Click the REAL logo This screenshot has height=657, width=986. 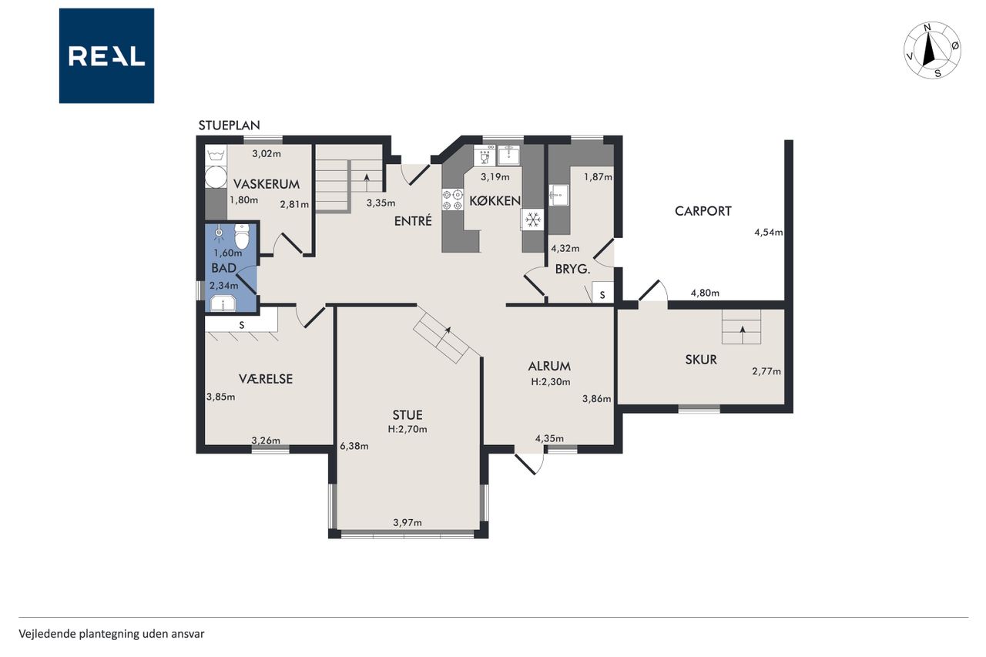(x=106, y=56)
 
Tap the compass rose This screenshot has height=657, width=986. (x=932, y=51)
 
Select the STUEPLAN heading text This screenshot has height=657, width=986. (x=229, y=126)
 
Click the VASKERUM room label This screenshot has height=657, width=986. (x=267, y=184)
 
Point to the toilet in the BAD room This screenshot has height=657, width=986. (x=242, y=236)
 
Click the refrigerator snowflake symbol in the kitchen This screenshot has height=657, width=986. (x=533, y=220)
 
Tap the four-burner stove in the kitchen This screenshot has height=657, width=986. (x=452, y=199)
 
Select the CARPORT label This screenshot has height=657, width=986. (x=703, y=211)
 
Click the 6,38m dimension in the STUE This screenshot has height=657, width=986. (x=354, y=446)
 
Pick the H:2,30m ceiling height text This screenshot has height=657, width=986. (x=550, y=382)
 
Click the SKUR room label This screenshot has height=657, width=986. (x=701, y=360)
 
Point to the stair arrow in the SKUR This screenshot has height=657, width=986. (x=743, y=334)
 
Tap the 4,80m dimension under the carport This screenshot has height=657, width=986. (x=705, y=293)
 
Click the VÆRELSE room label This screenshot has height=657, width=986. (x=266, y=379)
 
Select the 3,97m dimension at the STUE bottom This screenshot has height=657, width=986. (x=407, y=522)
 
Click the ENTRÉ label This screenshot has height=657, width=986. (x=413, y=221)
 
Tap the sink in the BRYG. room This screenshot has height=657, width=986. (x=558, y=195)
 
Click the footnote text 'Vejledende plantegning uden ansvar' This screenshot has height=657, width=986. (x=112, y=634)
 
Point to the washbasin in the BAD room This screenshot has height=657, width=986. (x=223, y=303)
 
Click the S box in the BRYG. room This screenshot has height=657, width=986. (x=602, y=293)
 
